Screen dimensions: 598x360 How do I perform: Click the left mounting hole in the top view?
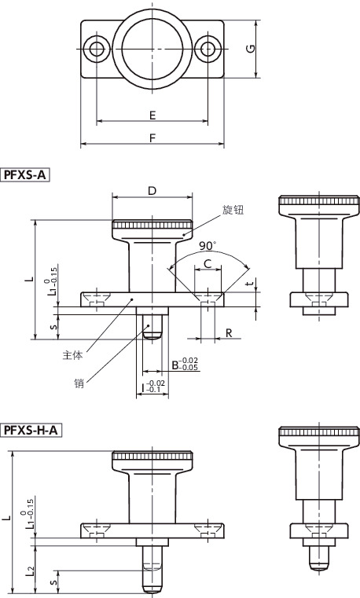(97, 50)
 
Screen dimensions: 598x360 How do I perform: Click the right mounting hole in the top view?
(208, 50)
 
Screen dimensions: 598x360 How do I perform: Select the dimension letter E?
(152, 116)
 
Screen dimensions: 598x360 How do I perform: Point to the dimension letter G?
(248, 50)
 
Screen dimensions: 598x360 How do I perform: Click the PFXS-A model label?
(26, 175)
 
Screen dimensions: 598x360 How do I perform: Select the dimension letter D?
(152, 191)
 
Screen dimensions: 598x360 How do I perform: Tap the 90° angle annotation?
(208, 244)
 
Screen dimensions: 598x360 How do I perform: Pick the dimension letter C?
(208, 262)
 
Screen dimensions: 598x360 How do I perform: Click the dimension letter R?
(228, 333)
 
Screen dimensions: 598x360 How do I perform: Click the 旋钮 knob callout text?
(233, 210)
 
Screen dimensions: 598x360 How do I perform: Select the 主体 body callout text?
(72, 354)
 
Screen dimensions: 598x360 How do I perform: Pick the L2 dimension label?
(30, 569)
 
